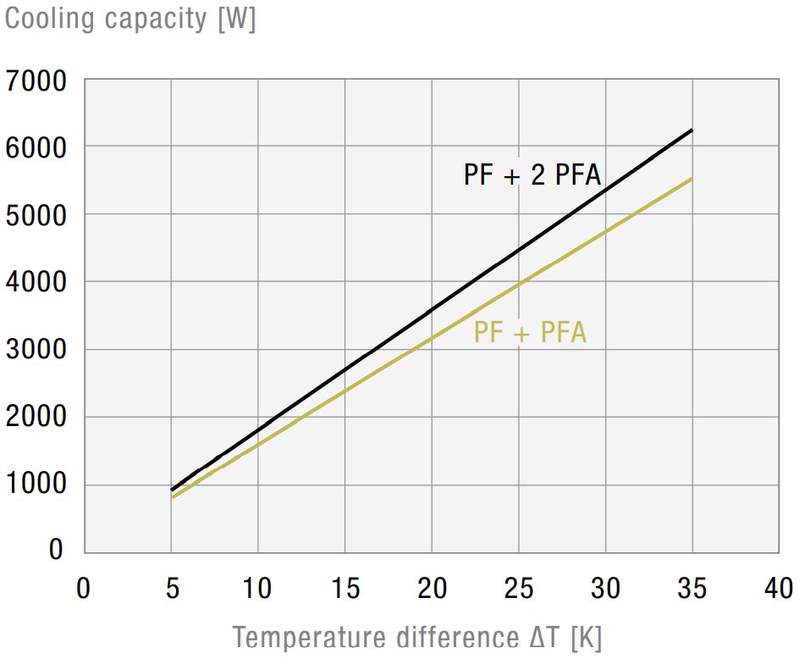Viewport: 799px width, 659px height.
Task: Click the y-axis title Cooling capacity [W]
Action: tap(130, 19)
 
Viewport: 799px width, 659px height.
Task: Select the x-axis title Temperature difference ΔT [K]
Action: tap(416, 637)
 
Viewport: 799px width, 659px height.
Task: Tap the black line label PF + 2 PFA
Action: tap(532, 174)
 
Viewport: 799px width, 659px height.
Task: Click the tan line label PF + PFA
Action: tap(530, 332)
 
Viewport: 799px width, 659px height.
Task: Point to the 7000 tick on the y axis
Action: tap(36, 82)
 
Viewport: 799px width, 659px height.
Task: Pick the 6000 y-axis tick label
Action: tap(36, 148)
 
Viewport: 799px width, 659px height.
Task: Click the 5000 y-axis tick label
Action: tap(36, 215)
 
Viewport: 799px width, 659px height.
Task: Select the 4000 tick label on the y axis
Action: tap(36, 282)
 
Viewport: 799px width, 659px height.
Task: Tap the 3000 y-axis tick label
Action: tap(36, 350)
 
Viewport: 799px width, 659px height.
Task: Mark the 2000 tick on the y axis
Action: tap(36, 417)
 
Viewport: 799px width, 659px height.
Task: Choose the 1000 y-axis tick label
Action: tap(36, 485)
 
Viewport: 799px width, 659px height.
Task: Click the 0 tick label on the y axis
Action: tap(56, 550)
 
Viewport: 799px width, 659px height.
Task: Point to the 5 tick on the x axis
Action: tap(172, 588)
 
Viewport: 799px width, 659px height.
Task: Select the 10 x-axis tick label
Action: tap(258, 588)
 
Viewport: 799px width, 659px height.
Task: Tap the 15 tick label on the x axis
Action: tap(345, 588)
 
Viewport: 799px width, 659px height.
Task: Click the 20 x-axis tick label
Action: tap(432, 588)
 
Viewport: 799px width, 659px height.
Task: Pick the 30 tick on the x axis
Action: tap(605, 588)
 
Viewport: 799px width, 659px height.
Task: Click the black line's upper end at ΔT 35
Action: tap(692, 130)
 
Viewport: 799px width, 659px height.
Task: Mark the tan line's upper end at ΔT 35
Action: tap(692, 179)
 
